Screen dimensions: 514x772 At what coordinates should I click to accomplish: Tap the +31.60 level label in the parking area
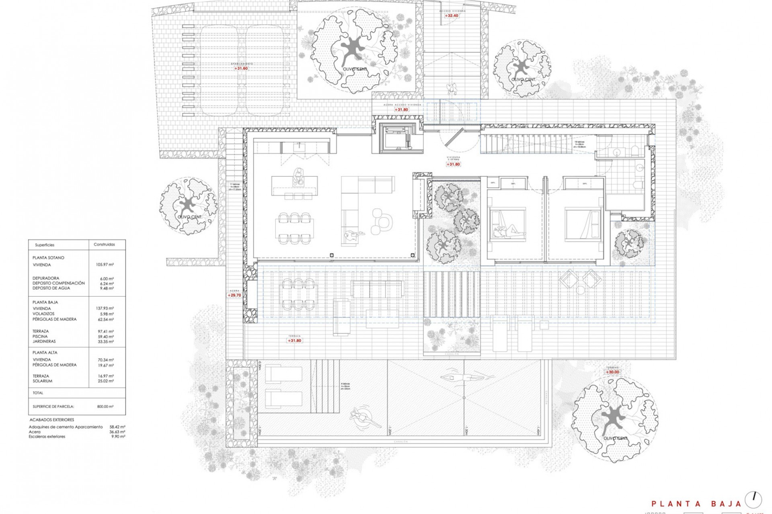point(241,69)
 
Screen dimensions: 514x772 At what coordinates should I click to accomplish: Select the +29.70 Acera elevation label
point(234,295)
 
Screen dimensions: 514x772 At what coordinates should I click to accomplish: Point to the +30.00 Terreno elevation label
point(613,372)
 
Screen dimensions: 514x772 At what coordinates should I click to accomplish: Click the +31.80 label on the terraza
point(294,341)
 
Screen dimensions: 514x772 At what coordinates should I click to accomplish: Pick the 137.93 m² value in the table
point(107,309)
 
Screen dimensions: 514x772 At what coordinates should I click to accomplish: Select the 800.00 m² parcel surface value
point(105,406)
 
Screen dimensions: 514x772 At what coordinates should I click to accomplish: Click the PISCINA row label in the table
point(40,337)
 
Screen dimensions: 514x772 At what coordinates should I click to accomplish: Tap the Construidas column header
point(104,244)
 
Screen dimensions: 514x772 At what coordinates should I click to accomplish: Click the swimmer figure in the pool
point(466,377)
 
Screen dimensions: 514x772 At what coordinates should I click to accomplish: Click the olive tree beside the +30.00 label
point(615,418)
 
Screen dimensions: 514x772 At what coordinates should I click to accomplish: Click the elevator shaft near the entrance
point(396,139)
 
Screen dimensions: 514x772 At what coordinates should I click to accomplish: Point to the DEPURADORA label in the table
point(46,278)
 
